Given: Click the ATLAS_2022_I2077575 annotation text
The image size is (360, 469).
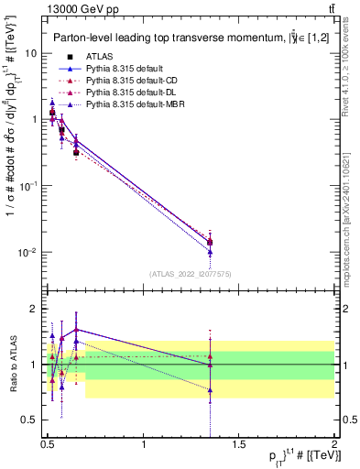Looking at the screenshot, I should click(191, 274).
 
